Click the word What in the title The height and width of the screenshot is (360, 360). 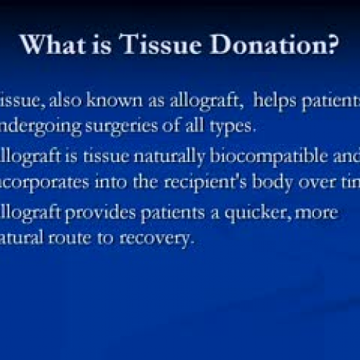[x=49, y=45]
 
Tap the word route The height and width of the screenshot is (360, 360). [x=69, y=238]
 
